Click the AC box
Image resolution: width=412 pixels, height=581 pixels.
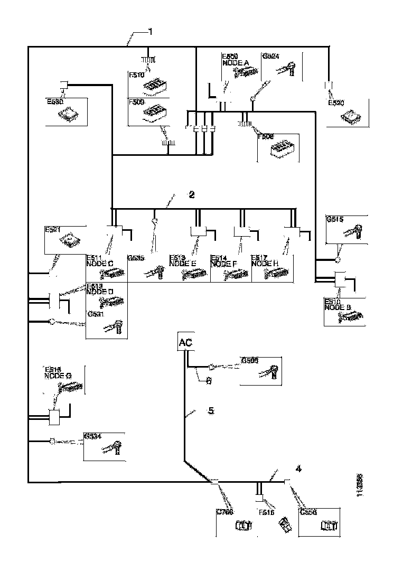(x=185, y=342)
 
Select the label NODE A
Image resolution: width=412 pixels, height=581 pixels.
(x=235, y=62)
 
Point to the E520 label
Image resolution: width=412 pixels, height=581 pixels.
(x=336, y=103)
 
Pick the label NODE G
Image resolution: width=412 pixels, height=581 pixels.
(x=58, y=376)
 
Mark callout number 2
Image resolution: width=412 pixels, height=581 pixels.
(x=192, y=194)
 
